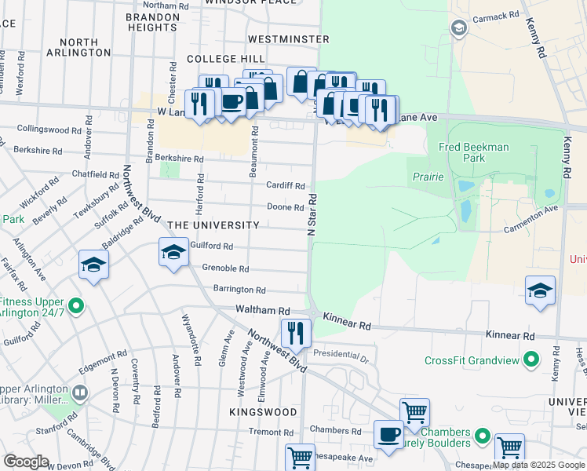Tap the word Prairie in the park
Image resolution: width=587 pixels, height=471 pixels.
pos(428,177)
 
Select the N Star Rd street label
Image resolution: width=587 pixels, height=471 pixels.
pos(312,213)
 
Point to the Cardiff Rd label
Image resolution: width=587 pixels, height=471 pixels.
pos(285,186)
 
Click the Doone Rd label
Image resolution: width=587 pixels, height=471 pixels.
pos(285,207)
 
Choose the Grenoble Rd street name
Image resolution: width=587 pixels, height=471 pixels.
pos(226,268)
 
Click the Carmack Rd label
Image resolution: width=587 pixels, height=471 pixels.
pos(496,15)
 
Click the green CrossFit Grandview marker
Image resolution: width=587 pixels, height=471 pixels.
pos(530,360)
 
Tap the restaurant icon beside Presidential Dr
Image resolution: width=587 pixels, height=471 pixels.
pos(295,332)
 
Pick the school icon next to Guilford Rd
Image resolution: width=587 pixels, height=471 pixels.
pos(173,253)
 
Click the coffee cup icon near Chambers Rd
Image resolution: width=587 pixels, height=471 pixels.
pos(388,434)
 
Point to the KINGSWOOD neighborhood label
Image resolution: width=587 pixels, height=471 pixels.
pos(263,412)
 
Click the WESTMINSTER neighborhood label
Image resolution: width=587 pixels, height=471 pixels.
pos(288,38)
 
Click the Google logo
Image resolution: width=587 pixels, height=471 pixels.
pos(26,462)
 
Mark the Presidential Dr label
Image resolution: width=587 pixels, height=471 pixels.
pos(341,354)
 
